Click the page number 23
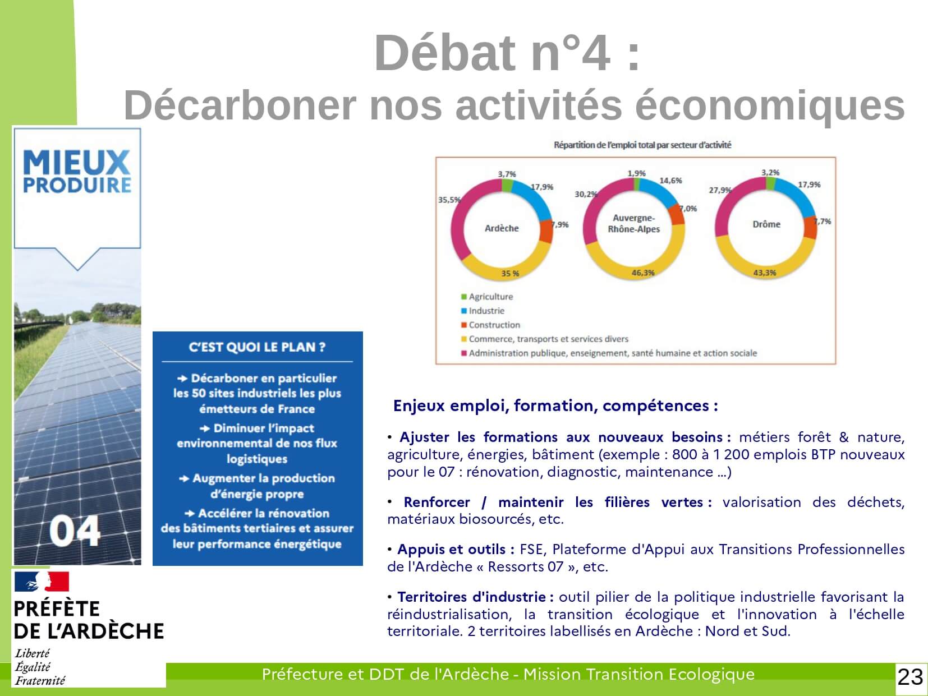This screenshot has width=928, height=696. tap(910, 677)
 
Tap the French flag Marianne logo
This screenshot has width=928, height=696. tap(42, 582)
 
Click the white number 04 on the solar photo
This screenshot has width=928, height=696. tap(75, 531)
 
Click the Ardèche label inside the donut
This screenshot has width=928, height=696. tap(502, 228)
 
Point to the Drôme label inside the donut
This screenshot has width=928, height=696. tap(766, 224)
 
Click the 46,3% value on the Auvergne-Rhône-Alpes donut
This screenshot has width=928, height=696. tap(642, 273)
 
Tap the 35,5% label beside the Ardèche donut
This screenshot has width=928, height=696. tap(449, 200)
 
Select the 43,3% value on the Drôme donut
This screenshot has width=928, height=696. tap(764, 273)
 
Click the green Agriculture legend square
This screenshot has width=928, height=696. tap(464, 297)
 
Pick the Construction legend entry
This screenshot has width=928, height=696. tap(490, 325)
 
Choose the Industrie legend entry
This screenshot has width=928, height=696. tap(483, 311)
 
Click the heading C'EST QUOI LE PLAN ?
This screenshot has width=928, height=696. tap(257, 347)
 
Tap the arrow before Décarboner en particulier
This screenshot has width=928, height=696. tap(183, 378)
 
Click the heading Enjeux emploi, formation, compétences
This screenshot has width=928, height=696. tap(555, 405)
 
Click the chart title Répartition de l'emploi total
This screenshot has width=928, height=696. tap(642, 145)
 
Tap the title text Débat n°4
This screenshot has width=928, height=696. tap(507, 53)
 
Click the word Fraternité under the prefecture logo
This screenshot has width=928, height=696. tap(40, 680)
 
